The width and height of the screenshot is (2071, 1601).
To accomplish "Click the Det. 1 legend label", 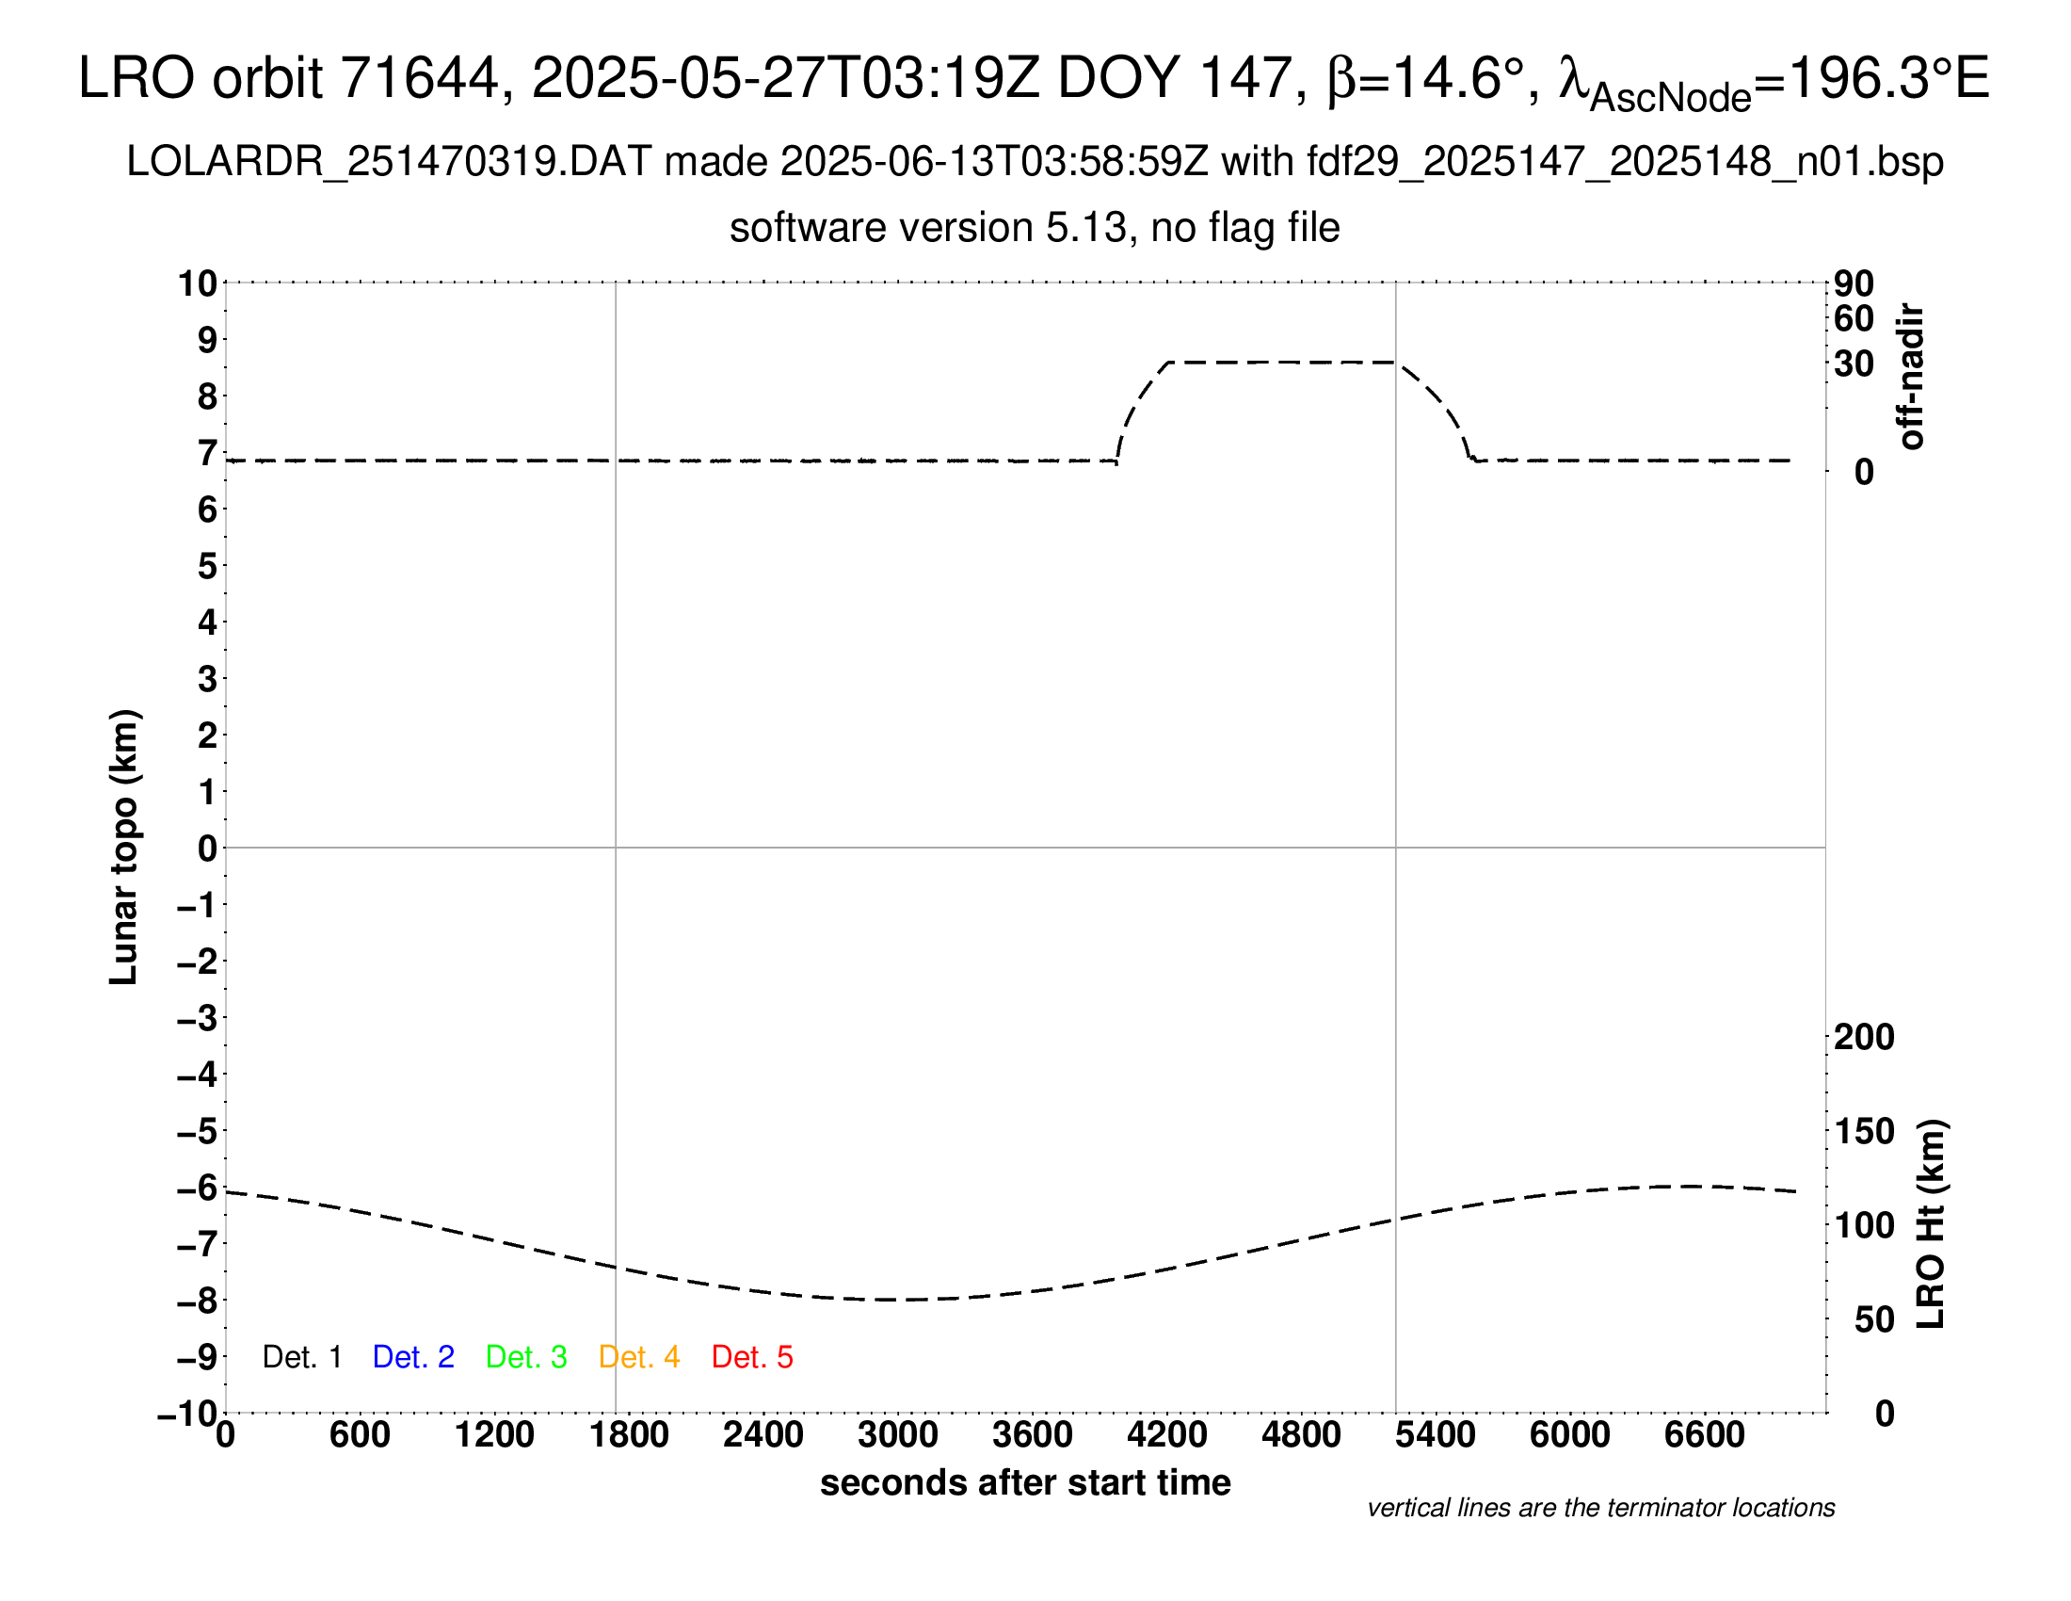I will tap(301, 1357).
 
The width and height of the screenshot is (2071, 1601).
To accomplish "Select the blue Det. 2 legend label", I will tap(413, 1357).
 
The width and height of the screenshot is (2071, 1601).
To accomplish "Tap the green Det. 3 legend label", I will tap(526, 1357).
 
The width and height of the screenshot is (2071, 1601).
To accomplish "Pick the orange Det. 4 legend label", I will tap(639, 1357).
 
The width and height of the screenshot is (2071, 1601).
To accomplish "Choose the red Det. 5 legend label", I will tap(752, 1357).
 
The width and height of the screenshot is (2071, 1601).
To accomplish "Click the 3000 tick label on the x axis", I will tap(898, 1435).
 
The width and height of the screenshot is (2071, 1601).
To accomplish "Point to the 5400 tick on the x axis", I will tap(1436, 1435).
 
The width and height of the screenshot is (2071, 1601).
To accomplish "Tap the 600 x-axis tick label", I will tap(360, 1435).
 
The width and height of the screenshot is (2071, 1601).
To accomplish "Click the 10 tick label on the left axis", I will tap(199, 283).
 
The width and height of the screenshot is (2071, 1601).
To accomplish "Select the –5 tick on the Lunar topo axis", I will tap(197, 1131).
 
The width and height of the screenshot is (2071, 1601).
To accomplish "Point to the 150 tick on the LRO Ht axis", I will tap(1864, 1131).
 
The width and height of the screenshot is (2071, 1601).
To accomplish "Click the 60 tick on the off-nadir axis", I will tap(1854, 318).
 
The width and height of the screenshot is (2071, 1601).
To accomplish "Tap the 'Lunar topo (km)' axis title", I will tap(124, 847).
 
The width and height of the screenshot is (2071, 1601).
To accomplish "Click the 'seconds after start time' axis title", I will tap(1025, 1482).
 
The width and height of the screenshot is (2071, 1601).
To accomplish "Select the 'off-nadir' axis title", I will tap(1911, 377).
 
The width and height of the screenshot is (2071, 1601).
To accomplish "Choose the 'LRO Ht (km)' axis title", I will tap(1931, 1224).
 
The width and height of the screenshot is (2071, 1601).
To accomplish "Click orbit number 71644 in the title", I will tap(419, 78).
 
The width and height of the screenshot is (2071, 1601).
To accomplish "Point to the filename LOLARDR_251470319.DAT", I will tap(388, 162).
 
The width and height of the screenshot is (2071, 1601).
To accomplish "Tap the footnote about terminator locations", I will tap(1600, 1508).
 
